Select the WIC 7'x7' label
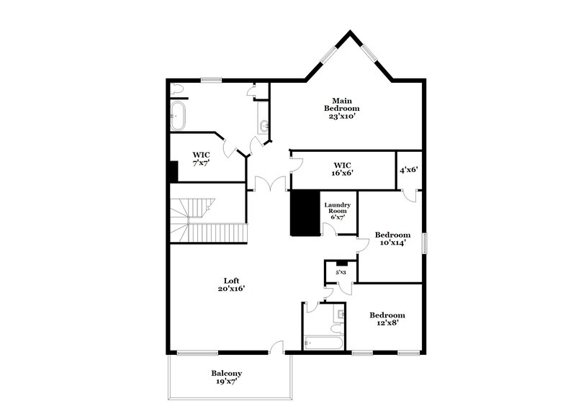[201, 159]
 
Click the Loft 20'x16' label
[231, 284]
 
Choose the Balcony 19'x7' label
[226, 377]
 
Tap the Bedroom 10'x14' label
[392, 239]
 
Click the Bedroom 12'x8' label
[387, 319]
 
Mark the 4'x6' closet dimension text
[409, 171]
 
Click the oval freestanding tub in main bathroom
[178, 115]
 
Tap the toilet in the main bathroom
[177, 90]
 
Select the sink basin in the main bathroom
[264, 127]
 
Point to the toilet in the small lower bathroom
[336, 329]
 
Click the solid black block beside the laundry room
[305, 212]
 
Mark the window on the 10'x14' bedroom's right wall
[424, 243]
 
